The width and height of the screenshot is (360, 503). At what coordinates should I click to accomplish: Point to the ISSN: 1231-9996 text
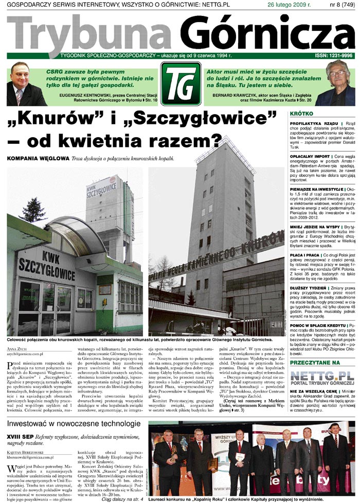pyautogui.click(x=333, y=55)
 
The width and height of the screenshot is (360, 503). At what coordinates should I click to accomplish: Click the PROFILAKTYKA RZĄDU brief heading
pyautogui.click(x=313, y=124)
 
